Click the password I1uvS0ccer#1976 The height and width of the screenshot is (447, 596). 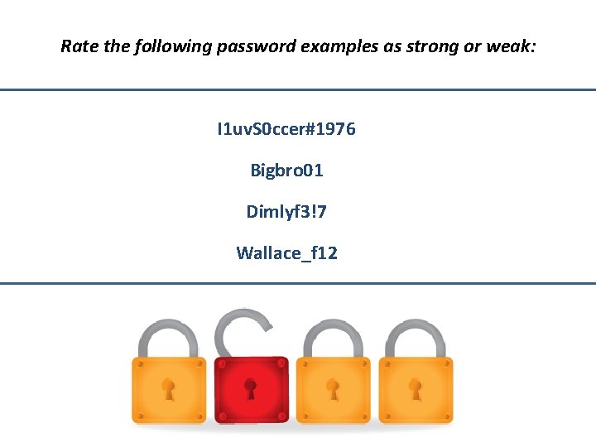coord(286,130)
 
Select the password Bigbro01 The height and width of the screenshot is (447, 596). coord(286,171)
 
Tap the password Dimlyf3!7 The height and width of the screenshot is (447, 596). coord(286,212)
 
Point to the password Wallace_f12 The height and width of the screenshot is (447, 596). coord(286,253)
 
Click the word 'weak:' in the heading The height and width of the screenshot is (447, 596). coord(514,46)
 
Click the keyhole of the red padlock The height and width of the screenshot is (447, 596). coord(251,387)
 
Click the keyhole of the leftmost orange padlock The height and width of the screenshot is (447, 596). coord(169,387)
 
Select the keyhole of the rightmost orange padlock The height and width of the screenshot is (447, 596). coord(416,387)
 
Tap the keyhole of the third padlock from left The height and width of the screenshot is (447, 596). coord(333,387)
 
